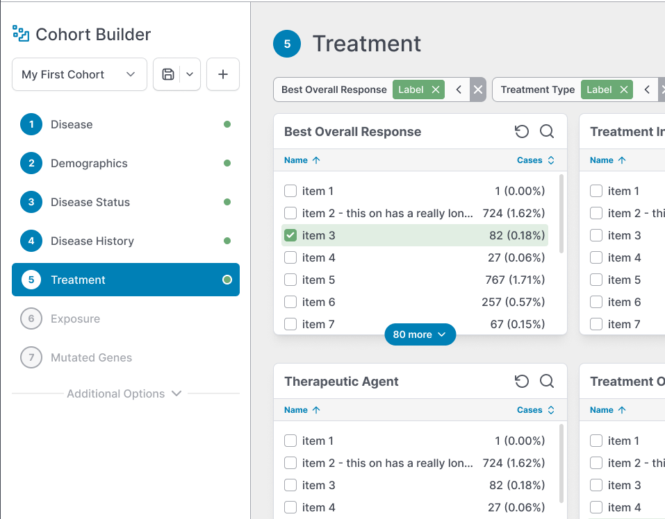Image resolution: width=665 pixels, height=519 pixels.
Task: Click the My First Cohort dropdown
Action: tap(79, 74)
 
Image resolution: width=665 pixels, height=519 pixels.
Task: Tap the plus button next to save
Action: tap(223, 74)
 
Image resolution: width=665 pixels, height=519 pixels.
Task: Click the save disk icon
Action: tap(168, 74)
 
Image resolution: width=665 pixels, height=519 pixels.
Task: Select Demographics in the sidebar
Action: tap(89, 163)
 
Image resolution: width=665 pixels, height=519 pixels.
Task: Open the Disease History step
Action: tap(92, 241)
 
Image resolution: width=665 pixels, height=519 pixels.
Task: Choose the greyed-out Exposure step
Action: tap(75, 318)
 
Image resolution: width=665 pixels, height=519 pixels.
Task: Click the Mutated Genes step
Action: tap(91, 357)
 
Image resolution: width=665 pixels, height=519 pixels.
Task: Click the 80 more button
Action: tap(420, 334)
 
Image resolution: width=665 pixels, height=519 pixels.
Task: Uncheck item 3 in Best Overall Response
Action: tap(290, 235)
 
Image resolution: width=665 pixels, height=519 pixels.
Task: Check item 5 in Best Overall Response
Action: tap(290, 280)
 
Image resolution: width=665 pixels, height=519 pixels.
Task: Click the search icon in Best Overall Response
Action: tap(547, 131)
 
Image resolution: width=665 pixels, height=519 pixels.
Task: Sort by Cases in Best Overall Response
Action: tap(536, 160)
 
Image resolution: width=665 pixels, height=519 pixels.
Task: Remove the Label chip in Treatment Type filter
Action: tap(624, 90)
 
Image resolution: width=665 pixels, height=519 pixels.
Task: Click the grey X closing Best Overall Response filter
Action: tap(477, 90)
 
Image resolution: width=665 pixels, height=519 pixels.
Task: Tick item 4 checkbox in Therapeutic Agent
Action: tap(290, 507)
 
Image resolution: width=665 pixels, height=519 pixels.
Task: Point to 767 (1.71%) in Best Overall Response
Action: tap(515, 280)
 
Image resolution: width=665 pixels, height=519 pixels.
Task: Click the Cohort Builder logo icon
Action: tap(21, 33)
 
